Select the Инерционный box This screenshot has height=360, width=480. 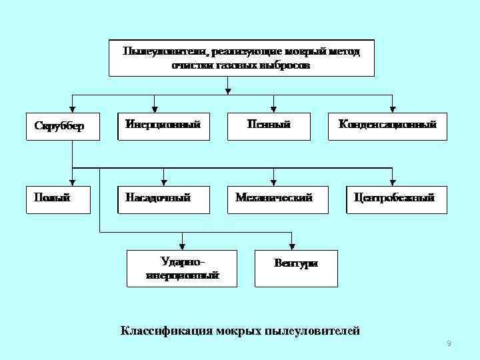(163, 126)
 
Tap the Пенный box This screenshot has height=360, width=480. (269, 126)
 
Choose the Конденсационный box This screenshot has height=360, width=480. (387, 126)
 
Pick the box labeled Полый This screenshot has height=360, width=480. (58, 199)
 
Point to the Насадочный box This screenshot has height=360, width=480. (163, 199)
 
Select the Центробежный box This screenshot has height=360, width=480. (395, 199)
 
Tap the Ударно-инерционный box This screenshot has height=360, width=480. (182, 268)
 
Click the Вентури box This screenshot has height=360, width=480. (295, 267)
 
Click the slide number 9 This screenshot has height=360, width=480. (449, 343)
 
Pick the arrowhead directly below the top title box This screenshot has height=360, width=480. (229, 89)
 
